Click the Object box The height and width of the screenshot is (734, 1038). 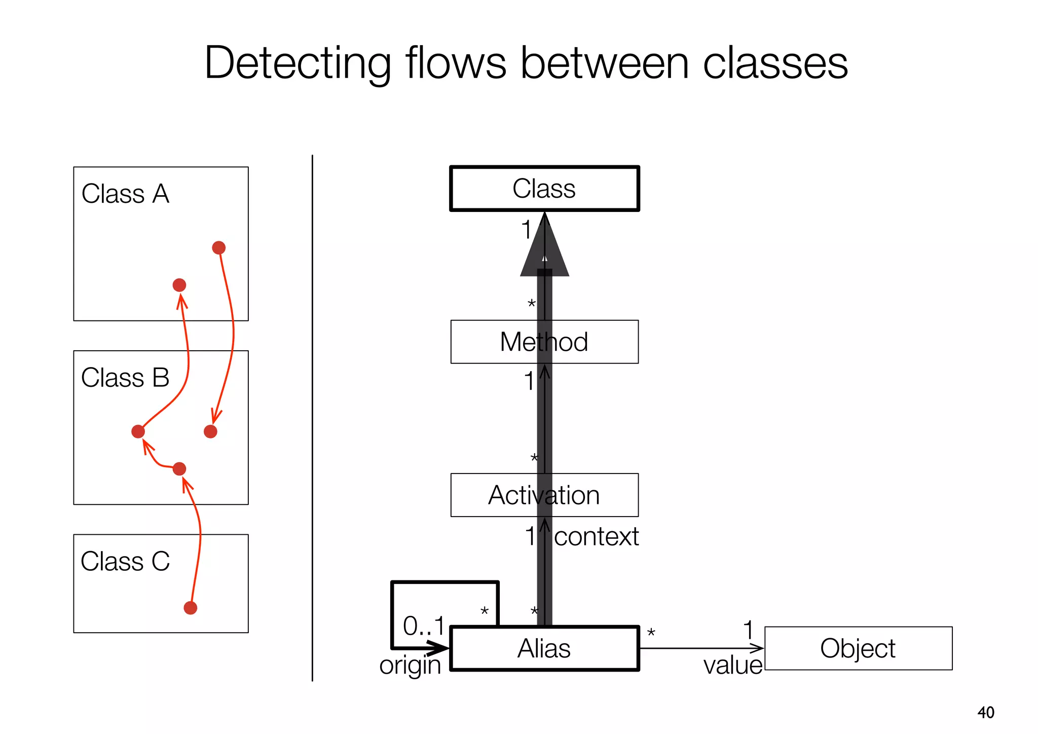pyautogui.click(x=858, y=648)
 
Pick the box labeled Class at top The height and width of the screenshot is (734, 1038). pyautogui.click(x=544, y=189)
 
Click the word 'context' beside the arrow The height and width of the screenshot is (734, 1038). pyautogui.click(x=596, y=536)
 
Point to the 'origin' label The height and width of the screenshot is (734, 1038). pyautogui.click(x=410, y=665)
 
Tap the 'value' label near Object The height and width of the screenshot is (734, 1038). pyautogui.click(x=732, y=665)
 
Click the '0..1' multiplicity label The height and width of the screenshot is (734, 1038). pyautogui.click(x=423, y=626)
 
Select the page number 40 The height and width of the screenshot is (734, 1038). pyautogui.click(x=986, y=712)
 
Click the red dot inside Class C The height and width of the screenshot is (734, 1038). pyautogui.click(x=190, y=608)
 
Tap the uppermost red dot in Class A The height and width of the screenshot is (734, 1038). pyautogui.click(x=218, y=247)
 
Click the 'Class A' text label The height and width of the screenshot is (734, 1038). pyautogui.click(x=125, y=194)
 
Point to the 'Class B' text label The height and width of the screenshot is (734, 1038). pyautogui.click(x=125, y=378)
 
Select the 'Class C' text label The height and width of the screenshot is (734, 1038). pyautogui.click(x=125, y=562)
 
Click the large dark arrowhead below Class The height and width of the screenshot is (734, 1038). pyautogui.click(x=544, y=253)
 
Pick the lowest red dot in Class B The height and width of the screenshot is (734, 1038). pyautogui.click(x=179, y=469)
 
